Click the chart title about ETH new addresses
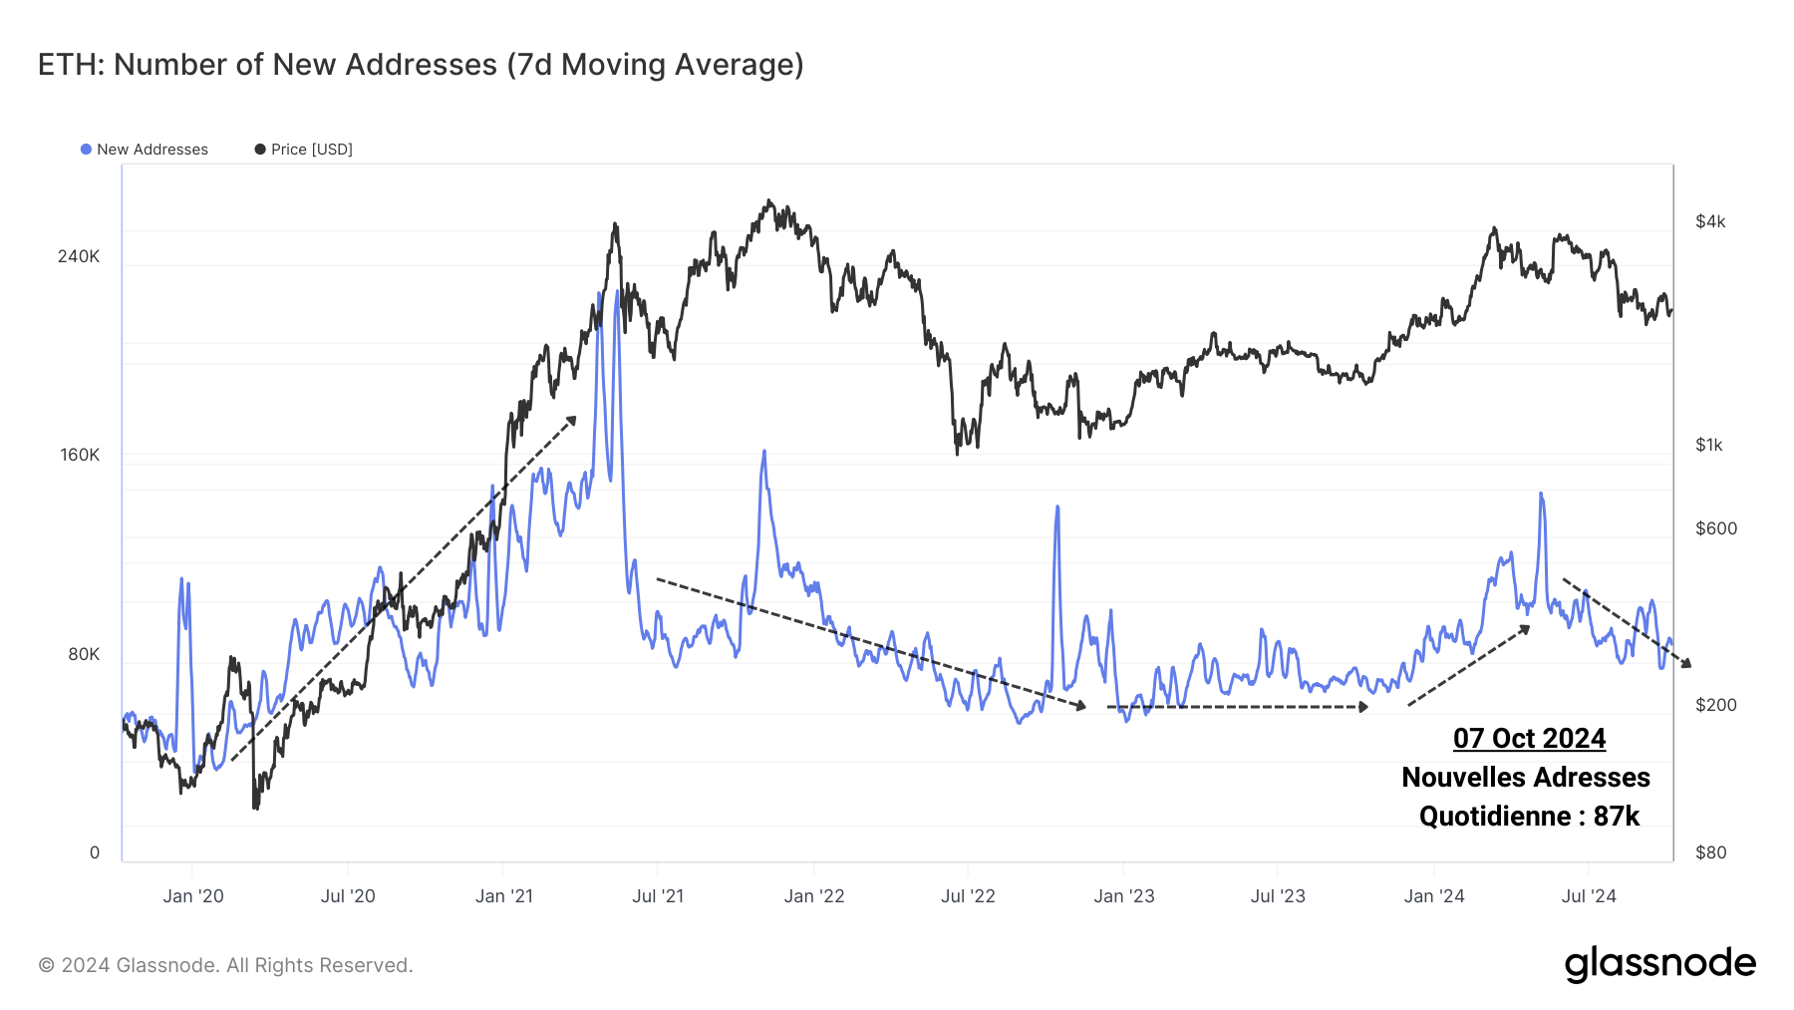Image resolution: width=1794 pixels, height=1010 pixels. (421, 65)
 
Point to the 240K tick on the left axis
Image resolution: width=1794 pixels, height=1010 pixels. (79, 256)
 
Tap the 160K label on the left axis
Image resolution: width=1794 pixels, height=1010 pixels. (80, 455)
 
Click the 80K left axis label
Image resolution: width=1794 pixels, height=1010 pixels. (84, 654)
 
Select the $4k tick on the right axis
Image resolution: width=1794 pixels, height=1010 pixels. (1710, 221)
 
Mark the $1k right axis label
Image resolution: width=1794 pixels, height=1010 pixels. (1709, 445)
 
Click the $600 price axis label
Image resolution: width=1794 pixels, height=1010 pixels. (1716, 528)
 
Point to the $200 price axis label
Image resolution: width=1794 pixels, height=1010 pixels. (1716, 705)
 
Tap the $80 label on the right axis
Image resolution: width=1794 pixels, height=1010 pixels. (1711, 852)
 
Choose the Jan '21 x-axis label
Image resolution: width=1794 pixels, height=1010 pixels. (504, 896)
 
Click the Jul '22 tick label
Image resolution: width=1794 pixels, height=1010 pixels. (968, 896)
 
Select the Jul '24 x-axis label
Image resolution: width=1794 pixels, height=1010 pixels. (1589, 896)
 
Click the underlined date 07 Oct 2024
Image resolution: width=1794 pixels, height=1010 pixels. (1529, 739)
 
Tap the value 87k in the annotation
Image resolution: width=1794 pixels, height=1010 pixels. (1616, 817)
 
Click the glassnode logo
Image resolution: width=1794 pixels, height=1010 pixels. (1659, 964)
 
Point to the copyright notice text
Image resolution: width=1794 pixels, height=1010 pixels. (225, 965)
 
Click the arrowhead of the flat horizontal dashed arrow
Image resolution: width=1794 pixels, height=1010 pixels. (1363, 707)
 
